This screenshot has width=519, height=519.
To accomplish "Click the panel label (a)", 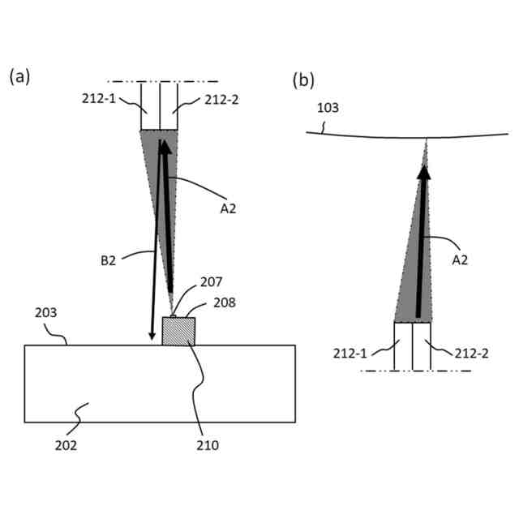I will [19, 77].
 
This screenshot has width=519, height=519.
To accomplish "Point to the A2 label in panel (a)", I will [228, 208].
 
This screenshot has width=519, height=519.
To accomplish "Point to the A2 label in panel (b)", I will [459, 259].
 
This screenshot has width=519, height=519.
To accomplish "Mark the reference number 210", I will [208, 444].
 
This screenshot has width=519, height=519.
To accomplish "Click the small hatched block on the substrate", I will [178, 331].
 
